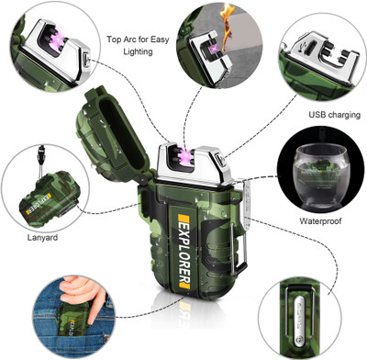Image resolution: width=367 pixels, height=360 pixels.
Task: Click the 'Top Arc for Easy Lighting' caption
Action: (138, 45)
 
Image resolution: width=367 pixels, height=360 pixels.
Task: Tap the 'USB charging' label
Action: (334, 115)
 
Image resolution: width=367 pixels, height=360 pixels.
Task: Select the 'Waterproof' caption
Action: (320, 220)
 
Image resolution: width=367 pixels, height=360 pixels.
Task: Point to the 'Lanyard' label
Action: (42, 237)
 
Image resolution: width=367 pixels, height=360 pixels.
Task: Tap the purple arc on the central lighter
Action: (186, 153)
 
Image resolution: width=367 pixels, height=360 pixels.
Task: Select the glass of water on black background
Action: (320, 175)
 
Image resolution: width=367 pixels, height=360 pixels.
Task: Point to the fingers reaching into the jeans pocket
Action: (83, 292)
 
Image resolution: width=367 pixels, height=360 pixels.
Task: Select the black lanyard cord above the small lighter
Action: (40, 162)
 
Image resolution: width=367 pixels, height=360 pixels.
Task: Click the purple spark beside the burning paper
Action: (213, 50)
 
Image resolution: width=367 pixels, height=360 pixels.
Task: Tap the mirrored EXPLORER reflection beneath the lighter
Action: (184, 311)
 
